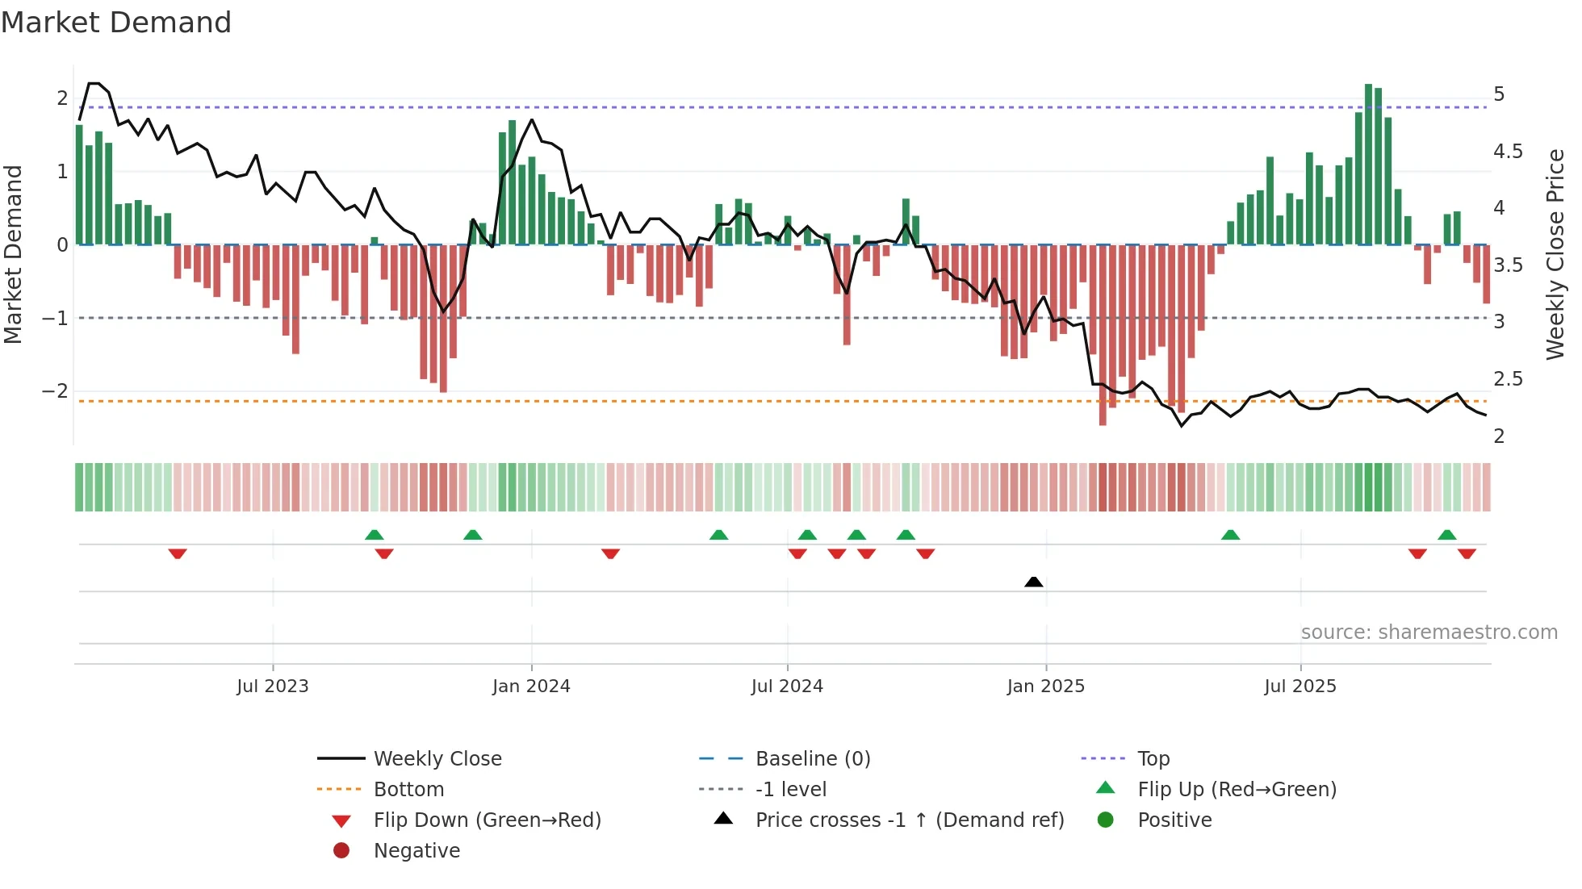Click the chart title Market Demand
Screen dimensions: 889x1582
click(116, 23)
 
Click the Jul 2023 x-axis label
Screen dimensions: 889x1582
click(273, 687)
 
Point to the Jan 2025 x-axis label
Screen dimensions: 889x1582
click(1046, 687)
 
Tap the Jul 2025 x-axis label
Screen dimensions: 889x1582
click(1300, 687)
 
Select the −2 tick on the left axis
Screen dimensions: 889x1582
click(56, 391)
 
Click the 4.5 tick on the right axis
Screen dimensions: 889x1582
click(1508, 152)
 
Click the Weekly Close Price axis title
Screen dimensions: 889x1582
click(1555, 253)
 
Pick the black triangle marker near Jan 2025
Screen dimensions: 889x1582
click(1033, 582)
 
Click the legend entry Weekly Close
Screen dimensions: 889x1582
click(437, 759)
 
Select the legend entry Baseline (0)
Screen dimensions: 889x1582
click(812, 759)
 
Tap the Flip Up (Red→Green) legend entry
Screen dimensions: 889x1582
click(1237, 790)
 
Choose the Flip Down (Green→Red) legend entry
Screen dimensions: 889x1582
click(487, 820)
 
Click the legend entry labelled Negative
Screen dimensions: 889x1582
click(416, 851)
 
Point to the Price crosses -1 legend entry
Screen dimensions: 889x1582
click(909, 820)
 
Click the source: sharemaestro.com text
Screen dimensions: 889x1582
click(1429, 632)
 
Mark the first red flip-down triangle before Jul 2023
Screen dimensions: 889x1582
click(178, 553)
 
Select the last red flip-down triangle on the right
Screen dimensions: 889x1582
click(1467, 553)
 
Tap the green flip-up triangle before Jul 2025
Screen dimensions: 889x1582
click(1230, 535)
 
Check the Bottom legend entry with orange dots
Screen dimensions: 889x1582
click(408, 790)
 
